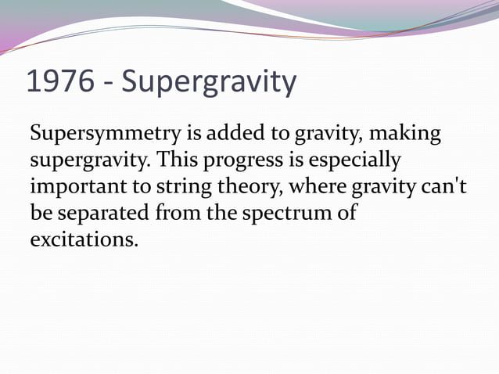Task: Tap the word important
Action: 71,188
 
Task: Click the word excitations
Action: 82,238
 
